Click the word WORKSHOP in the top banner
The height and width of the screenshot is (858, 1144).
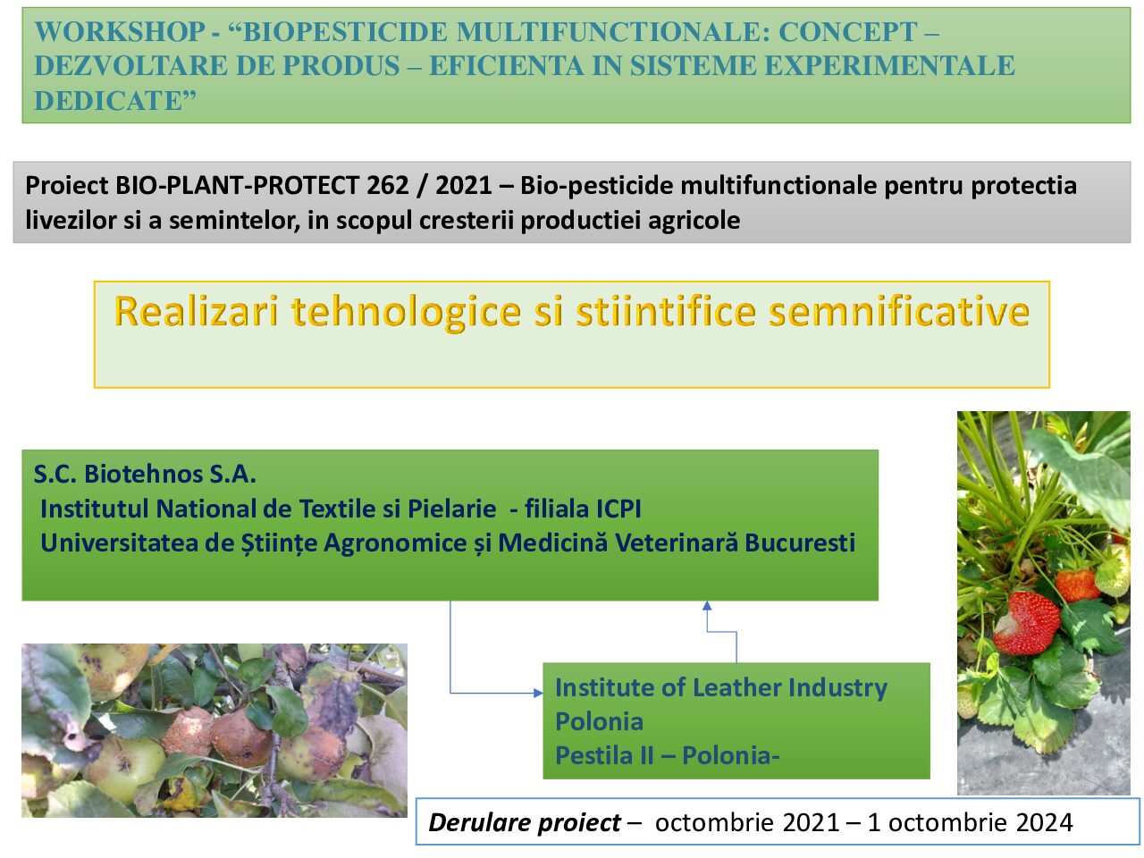pos(120,32)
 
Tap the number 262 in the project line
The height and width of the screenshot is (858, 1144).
pos(387,186)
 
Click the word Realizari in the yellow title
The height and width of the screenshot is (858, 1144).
pos(197,312)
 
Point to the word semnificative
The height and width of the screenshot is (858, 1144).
pos(899,312)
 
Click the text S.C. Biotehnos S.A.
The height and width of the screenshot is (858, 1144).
pos(145,474)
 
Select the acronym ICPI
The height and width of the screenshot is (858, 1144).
pos(619,509)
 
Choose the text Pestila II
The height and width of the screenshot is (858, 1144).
pos(604,756)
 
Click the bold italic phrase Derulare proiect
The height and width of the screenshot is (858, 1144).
pos(525,823)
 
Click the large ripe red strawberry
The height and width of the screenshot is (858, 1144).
pos(1026,623)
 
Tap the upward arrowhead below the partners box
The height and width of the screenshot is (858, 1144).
pos(707,605)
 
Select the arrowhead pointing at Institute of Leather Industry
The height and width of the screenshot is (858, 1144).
pos(538,693)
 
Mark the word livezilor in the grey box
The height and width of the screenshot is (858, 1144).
pos(71,221)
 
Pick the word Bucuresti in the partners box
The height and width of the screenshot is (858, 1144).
pos(800,543)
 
